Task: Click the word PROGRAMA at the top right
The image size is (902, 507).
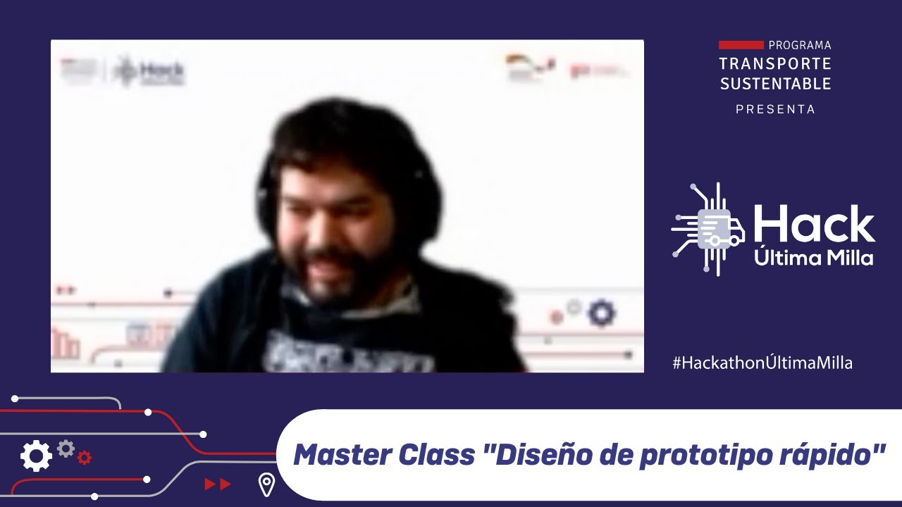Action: click(x=800, y=45)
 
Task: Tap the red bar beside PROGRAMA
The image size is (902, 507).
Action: click(x=741, y=45)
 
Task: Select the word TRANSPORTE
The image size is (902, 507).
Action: click(x=775, y=64)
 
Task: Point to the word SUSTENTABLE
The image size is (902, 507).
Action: click(x=775, y=84)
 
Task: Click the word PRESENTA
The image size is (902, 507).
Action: click(x=775, y=109)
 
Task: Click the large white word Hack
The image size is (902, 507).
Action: click(x=814, y=225)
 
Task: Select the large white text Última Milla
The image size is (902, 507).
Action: click(x=814, y=258)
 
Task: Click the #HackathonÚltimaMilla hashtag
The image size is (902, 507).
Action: click(x=762, y=363)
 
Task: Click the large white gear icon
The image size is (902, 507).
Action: click(x=36, y=456)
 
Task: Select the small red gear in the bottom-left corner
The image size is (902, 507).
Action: click(x=85, y=458)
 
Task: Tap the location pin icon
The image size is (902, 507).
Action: click(x=266, y=484)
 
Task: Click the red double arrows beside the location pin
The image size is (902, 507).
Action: click(x=218, y=484)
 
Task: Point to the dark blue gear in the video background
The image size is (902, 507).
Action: click(x=601, y=313)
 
